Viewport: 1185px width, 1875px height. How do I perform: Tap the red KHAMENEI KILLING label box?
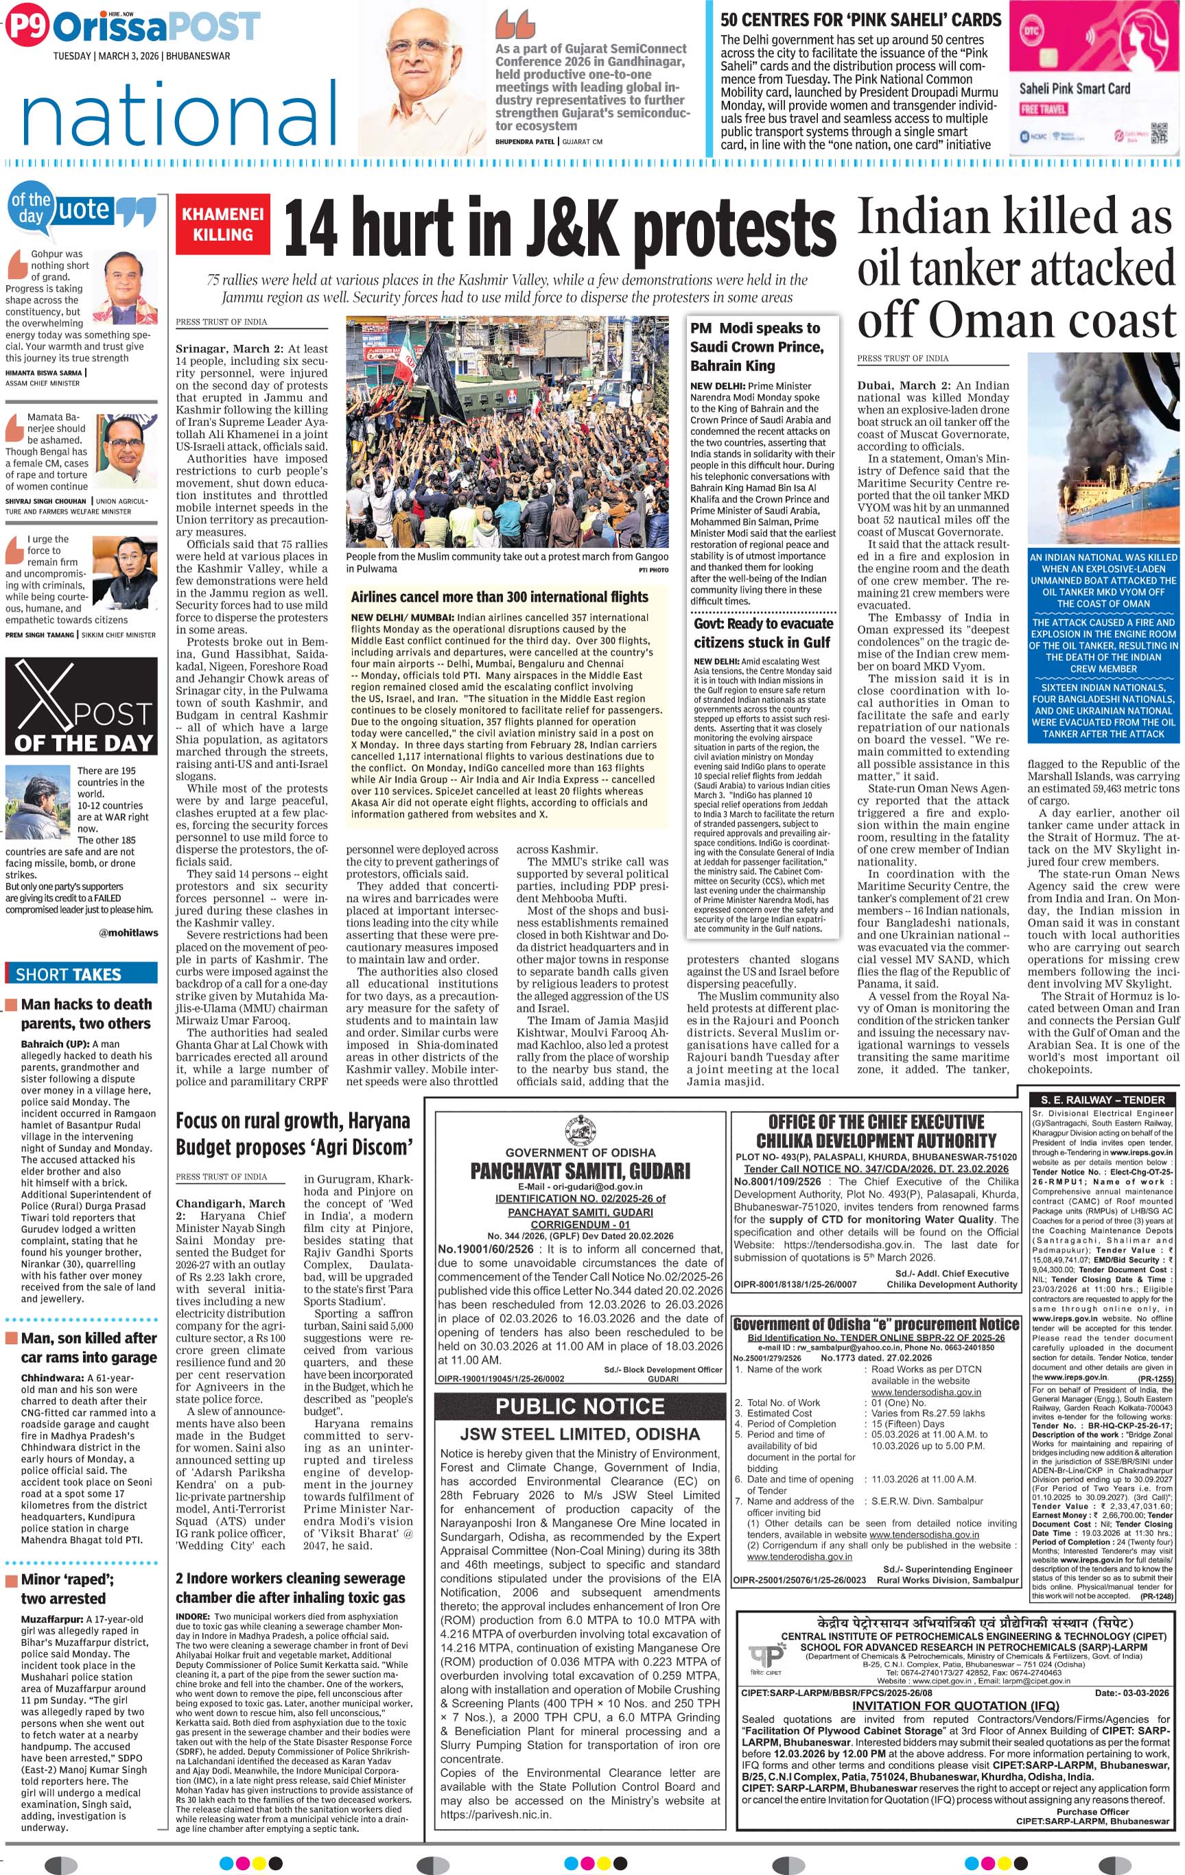click(x=223, y=224)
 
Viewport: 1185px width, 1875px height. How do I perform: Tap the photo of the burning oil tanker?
click(x=1103, y=450)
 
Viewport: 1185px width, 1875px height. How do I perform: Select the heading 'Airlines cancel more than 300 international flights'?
click(x=500, y=597)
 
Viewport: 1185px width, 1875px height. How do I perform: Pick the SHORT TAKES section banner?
click(x=69, y=974)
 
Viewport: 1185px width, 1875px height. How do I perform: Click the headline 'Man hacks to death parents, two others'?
click(x=85, y=1014)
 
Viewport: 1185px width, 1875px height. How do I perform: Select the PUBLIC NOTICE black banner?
click(x=580, y=1406)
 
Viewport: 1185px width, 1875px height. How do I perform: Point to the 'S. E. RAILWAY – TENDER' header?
click(x=1102, y=1099)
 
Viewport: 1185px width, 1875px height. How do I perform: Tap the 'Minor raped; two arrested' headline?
click(x=67, y=1588)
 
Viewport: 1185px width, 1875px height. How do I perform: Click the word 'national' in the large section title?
click(x=180, y=117)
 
